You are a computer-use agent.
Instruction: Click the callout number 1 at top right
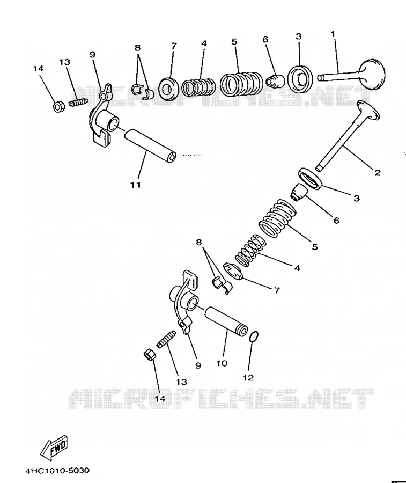point(333,34)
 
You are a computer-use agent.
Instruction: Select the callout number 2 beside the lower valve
point(378,172)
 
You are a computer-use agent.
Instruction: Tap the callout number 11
point(136,185)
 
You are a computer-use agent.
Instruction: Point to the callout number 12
point(248,377)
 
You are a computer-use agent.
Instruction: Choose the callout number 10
point(222,363)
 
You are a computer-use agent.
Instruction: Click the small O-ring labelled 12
point(253,336)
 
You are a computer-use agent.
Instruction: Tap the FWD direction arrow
point(54,446)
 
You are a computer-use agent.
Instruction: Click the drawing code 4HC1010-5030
point(58,470)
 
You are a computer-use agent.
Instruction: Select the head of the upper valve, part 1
point(372,74)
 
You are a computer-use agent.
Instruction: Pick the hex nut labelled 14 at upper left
point(58,107)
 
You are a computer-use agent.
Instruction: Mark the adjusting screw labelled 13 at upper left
point(78,103)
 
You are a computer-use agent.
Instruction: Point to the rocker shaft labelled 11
point(150,145)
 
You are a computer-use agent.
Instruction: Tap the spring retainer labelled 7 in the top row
point(168,89)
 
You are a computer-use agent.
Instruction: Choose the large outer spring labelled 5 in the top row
point(241,84)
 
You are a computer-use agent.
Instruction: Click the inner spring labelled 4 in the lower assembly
point(250,250)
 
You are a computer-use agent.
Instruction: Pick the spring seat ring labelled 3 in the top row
point(300,79)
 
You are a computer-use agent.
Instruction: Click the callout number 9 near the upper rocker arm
point(93,55)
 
